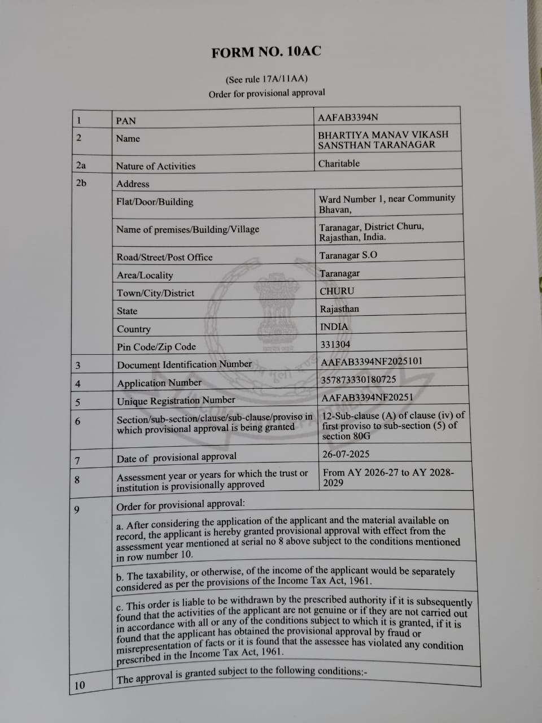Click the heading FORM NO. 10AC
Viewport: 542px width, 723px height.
266,52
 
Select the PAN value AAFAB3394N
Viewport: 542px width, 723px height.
348,117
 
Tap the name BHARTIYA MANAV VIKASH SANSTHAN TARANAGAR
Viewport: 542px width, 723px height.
383,140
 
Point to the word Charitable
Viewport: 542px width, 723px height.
339,163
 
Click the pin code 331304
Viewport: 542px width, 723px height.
335,344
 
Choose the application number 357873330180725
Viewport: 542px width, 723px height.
359,380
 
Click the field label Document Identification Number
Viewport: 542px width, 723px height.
185,364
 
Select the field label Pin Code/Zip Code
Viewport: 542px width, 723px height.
156,347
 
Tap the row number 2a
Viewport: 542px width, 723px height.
81,165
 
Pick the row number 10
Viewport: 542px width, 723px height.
80,685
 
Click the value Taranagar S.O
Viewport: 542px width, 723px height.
348,255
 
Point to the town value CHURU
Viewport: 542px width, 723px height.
337,291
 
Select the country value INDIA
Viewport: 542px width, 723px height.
334,326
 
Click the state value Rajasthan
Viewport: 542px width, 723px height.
339,309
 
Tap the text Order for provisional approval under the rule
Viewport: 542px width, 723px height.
266,93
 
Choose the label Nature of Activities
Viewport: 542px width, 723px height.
156,166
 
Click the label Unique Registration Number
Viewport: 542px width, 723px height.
176,401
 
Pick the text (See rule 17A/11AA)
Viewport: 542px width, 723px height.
266,79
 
